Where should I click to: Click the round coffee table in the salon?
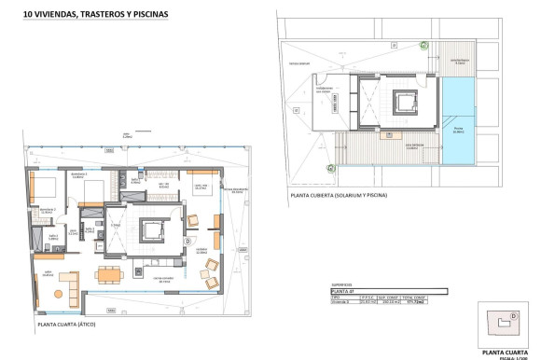point(57,294)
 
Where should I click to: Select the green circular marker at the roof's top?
point(423,45)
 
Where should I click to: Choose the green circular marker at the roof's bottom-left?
point(330,168)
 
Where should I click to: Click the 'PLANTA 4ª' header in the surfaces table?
point(345,292)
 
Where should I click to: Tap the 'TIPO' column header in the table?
point(337,298)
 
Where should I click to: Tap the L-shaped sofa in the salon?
point(65,280)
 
